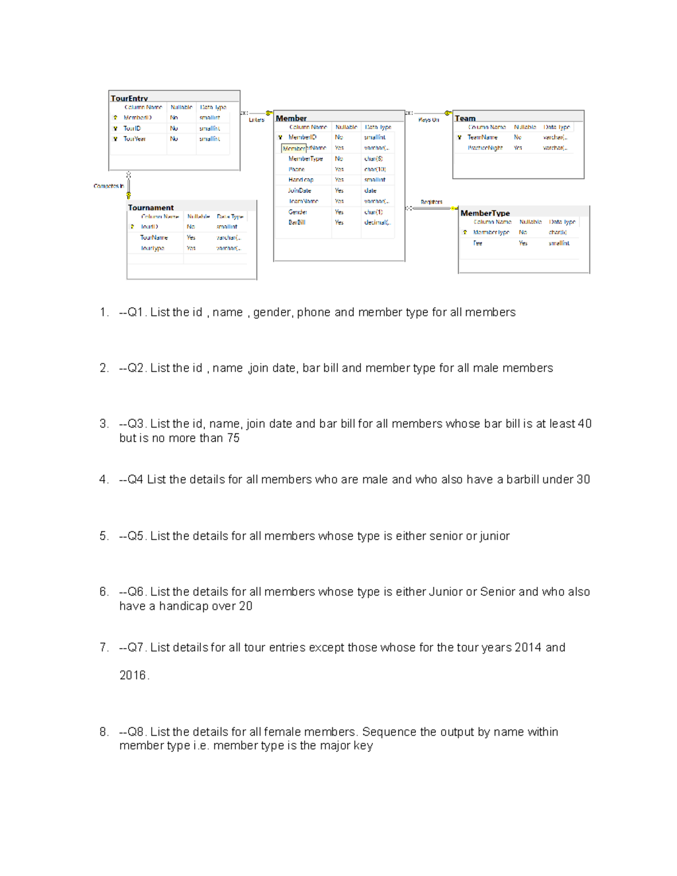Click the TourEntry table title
[129, 98]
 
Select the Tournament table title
[151, 208]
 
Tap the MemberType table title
[485, 213]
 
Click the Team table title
[465, 118]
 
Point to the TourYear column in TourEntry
[134, 139]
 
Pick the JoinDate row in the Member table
[300, 191]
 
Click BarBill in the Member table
[297, 223]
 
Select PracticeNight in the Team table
[485, 148]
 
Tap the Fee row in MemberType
[477, 243]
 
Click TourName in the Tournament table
[154, 237]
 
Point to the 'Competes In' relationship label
[108, 186]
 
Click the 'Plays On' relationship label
[428, 120]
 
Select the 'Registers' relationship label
[431, 202]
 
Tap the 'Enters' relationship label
[256, 120]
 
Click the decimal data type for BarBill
[376, 223]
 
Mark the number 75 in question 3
[233, 438]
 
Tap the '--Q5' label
[133, 536]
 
